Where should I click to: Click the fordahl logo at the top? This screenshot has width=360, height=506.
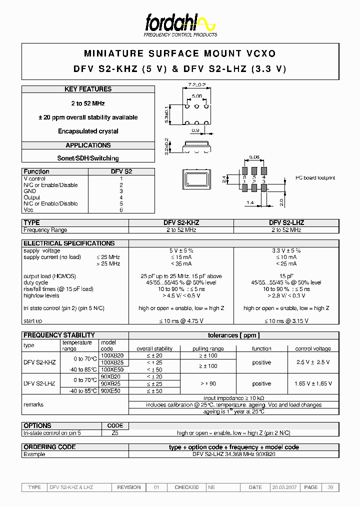(x=180, y=23)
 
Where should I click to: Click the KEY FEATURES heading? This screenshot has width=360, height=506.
(x=88, y=89)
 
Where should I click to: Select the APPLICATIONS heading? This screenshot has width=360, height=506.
(x=88, y=145)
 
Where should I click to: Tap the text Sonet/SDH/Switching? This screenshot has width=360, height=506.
(x=88, y=158)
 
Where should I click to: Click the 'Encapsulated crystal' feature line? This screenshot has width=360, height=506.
(x=88, y=131)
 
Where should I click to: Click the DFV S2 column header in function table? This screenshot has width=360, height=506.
(x=121, y=171)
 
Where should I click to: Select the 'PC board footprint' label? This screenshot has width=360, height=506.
(x=315, y=178)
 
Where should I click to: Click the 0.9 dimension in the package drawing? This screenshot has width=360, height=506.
(x=196, y=131)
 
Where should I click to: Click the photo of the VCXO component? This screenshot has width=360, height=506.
(x=195, y=180)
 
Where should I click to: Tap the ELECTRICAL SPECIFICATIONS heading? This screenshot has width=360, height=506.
(x=69, y=243)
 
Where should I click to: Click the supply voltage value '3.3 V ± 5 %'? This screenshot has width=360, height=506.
(x=286, y=250)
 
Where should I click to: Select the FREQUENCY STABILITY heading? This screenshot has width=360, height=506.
(x=59, y=335)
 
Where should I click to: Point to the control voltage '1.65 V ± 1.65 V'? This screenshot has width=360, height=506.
(x=313, y=383)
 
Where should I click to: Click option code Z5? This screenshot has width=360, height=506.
(x=115, y=433)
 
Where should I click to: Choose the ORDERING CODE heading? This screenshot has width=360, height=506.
(x=49, y=447)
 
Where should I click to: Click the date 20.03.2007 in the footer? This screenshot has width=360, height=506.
(x=284, y=487)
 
